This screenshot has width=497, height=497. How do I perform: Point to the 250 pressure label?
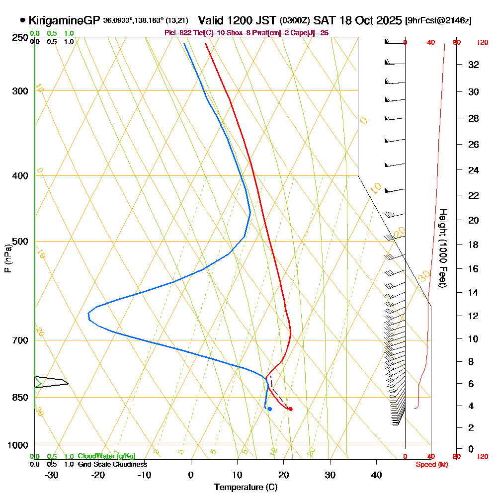(x=20, y=38)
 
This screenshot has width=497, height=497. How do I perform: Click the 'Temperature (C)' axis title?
(x=246, y=487)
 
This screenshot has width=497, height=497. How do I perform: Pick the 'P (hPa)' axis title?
(x=7, y=258)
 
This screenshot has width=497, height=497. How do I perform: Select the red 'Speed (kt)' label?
(x=431, y=465)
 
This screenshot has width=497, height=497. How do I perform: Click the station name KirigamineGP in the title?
(x=64, y=20)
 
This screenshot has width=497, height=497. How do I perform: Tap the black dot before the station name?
(x=23, y=20)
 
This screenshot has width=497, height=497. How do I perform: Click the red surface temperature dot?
(x=290, y=409)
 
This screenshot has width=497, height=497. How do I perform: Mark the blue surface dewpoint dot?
(x=269, y=409)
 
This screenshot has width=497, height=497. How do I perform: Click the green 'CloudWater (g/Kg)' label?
(x=106, y=456)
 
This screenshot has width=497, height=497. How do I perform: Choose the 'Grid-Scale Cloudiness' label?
(x=112, y=464)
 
